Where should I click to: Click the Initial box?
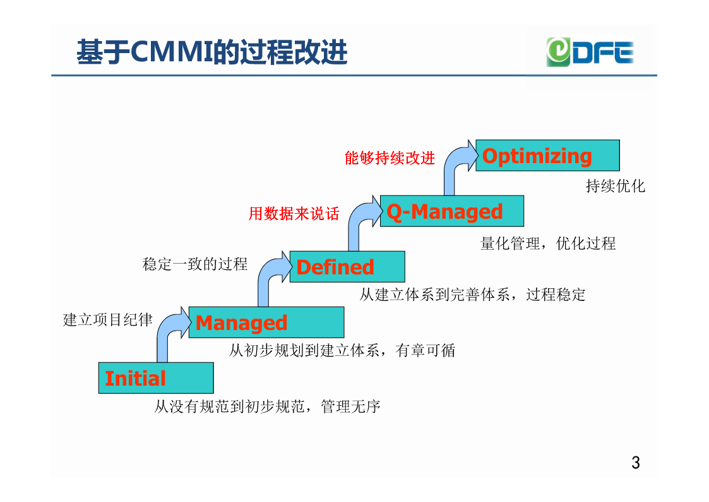click(156, 378)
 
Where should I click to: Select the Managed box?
click(266, 322)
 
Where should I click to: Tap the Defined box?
click(347, 267)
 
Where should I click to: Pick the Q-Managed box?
click(452, 211)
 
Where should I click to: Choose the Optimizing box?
click(547, 156)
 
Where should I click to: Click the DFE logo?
click(590, 52)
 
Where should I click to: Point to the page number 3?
click(635, 463)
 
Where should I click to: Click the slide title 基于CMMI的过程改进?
click(212, 52)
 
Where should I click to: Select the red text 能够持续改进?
click(390, 158)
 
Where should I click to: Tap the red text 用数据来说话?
click(294, 214)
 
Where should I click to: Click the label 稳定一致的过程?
click(195, 264)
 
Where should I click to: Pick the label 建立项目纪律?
click(107, 319)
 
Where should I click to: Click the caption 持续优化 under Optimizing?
click(616, 186)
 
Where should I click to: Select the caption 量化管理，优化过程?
click(548, 243)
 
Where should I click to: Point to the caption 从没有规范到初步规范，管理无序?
click(267, 406)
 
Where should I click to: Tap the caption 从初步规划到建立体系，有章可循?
click(342, 350)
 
